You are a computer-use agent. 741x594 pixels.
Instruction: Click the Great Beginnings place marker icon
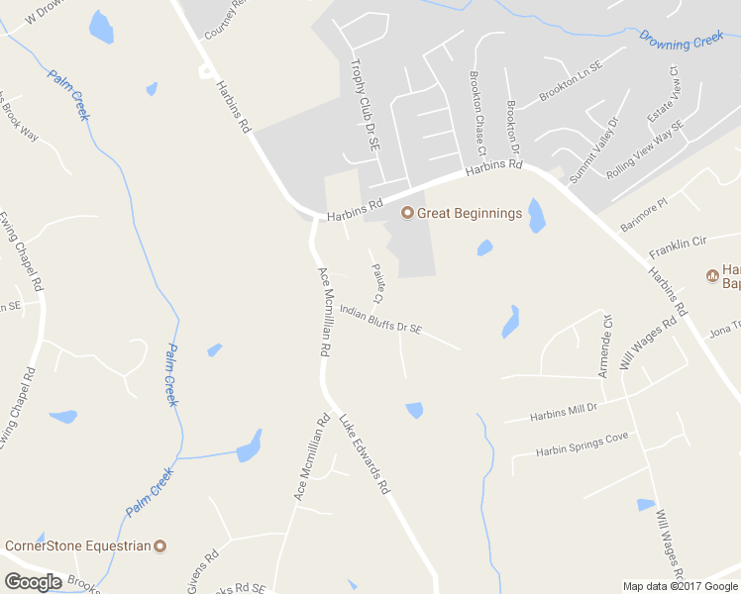pos(406,213)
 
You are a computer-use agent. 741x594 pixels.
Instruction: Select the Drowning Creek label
pos(682,41)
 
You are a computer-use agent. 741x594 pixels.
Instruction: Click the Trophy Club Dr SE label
pos(364,105)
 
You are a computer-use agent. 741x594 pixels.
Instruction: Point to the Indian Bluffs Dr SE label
pos(380,319)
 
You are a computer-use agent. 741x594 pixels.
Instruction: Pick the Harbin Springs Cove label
pos(582,444)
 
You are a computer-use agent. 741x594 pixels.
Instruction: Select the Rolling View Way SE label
pos(646,149)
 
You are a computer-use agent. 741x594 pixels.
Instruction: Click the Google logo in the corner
pos(32,582)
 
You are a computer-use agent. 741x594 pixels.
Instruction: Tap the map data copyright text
pos(681,586)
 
